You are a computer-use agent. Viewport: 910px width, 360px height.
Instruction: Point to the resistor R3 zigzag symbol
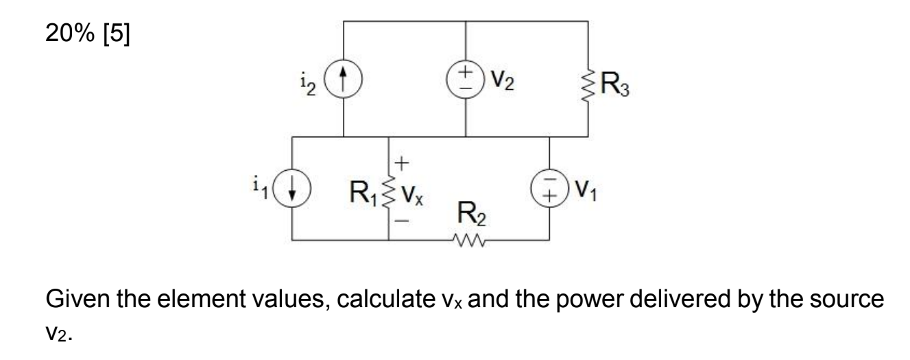(588, 86)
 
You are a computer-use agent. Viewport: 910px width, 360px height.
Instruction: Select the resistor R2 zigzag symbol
(469, 241)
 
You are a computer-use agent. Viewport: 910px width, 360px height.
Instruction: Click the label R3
(616, 86)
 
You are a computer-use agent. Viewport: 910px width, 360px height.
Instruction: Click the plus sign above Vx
(403, 163)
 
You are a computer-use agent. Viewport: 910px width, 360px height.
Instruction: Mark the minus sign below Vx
(403, 221)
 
